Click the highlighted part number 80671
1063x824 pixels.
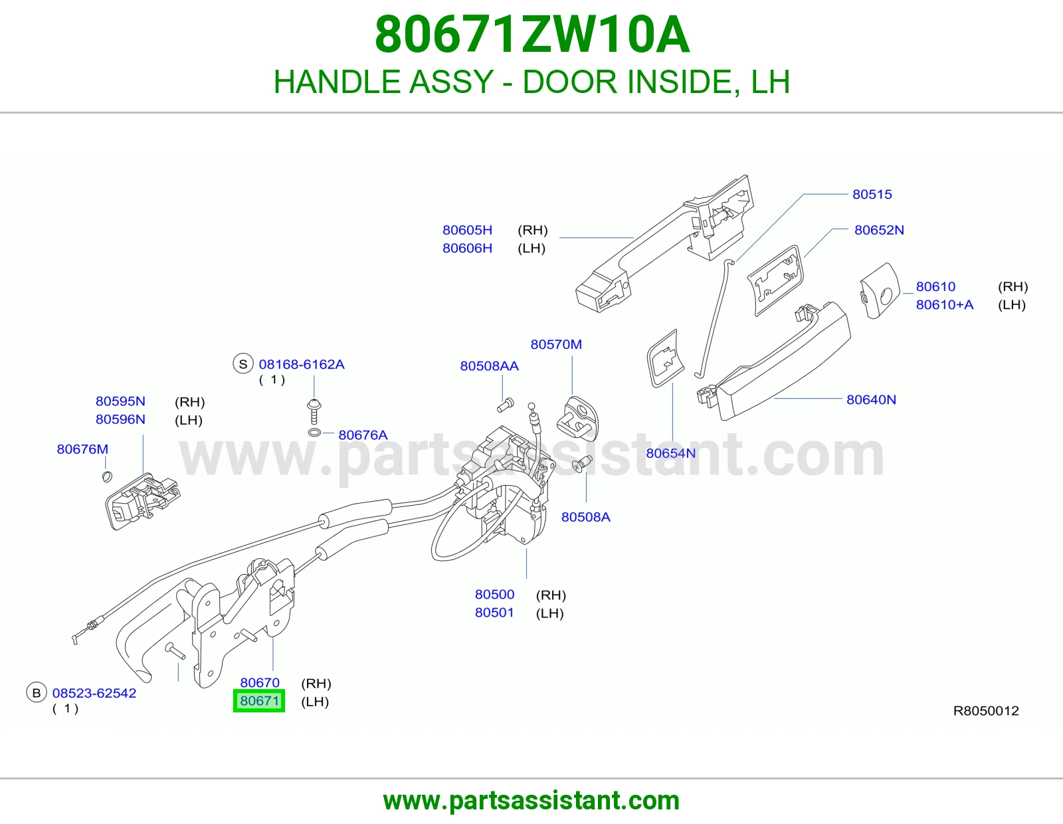click(x=259, y=700)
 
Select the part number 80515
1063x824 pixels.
click(x=872, y=194)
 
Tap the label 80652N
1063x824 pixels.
click(x=879, y=230)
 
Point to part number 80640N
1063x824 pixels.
click(x=871, y=400)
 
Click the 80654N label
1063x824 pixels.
click(x=670, y=453)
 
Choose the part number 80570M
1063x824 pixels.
click(x=556, y=344)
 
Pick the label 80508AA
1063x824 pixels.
click(x=489, y=366)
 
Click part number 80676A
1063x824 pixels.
click(x=363, y=435)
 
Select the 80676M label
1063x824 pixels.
click(x=82, y=449)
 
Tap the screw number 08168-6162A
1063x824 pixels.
click(x=302, y=365)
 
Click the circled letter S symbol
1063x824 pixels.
click(x=243, y=364)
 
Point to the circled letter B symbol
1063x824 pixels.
click(x=36, y=693)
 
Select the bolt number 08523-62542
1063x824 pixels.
click(x=94, y=693)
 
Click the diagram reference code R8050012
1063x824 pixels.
click(x=986, y=711)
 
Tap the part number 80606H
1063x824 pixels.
click(x=467, y=249)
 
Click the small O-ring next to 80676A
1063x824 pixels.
click(x=314, y=433)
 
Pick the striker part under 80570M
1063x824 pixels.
click(x=577, y=419)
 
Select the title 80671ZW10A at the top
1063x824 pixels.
click(x=531, y=35)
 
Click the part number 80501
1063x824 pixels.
click(x=494, y=613)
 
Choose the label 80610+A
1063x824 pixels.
click(x=945, y=305)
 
